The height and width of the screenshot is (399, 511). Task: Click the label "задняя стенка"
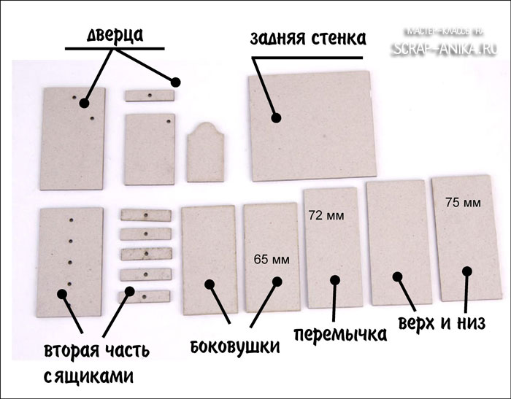[x=307, y=38]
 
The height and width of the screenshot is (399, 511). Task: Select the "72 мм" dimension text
[x=326, y=216]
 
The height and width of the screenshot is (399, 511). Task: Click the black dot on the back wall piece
[x=276, y=117]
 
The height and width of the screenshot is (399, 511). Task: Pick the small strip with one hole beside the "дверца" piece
[x=149, y=96]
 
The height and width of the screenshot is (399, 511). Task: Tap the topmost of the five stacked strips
[x=145, y=215]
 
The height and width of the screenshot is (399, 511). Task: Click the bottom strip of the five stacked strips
[x=145, y=297]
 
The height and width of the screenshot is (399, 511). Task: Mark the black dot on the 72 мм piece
[x=334, y=279]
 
